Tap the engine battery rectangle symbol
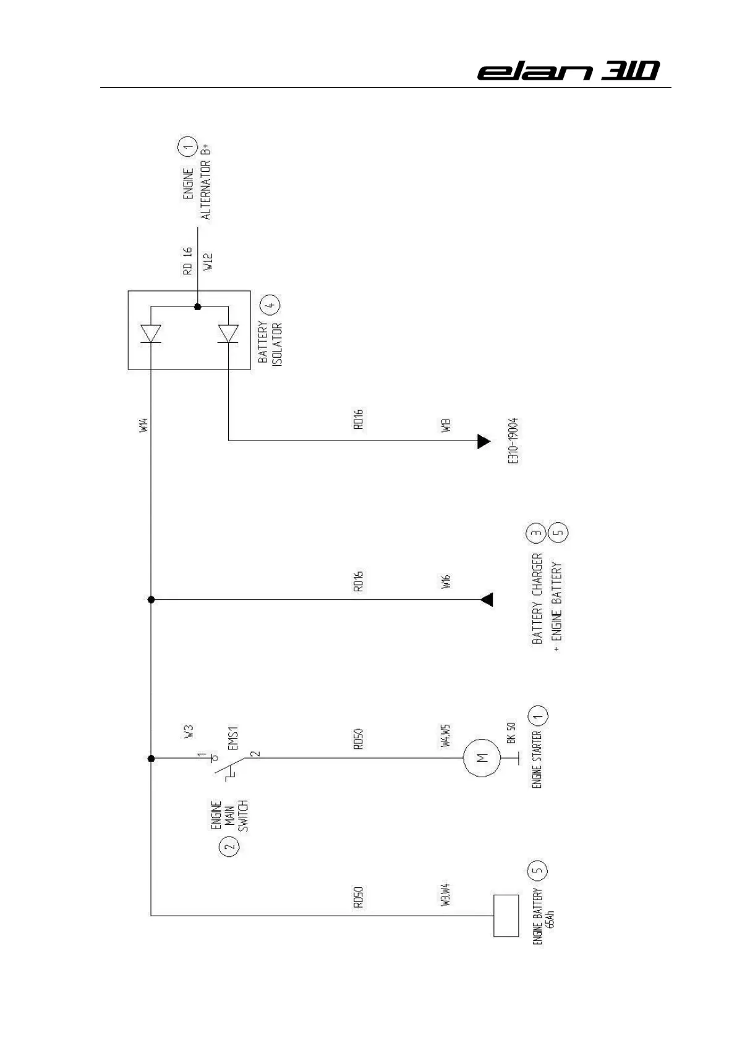coord(505,916)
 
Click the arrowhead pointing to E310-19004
coord(484,441)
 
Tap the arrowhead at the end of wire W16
coord(487,599)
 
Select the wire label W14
coord(143,426)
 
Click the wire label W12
coord(207,263)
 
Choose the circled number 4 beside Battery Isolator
coord(270,305)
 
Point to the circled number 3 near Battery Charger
coord(536,533)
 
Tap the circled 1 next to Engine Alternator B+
coord(187,146)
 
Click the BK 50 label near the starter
coord(510,732)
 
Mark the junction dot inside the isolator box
coord(197,306)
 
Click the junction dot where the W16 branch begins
coord(151,599)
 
